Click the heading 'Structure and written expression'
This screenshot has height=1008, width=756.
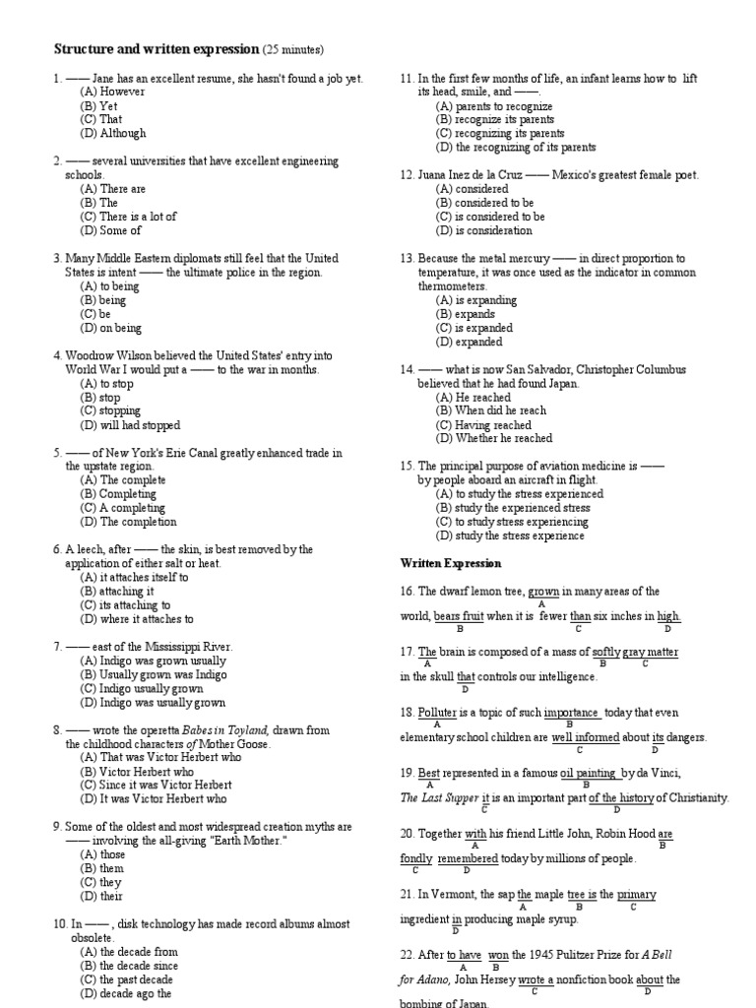[x=156, y=49]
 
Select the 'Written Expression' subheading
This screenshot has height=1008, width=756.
[x=451, y=563]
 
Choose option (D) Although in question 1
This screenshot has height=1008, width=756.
[x=113, y=133]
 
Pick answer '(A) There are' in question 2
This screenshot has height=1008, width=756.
[x=113, y=188]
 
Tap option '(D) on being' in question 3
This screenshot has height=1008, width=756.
[x=111, y=328]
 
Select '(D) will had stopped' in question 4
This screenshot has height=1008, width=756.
[x=130, y=425]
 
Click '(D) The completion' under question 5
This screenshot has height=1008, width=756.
[x=128, y=522]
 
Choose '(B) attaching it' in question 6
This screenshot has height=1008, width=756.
[x=117, y=592]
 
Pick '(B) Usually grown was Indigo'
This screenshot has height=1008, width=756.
[x=153, y=675]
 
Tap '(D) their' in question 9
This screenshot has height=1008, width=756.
[x=102, y=897]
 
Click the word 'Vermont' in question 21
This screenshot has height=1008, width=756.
[x=450, y=894]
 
